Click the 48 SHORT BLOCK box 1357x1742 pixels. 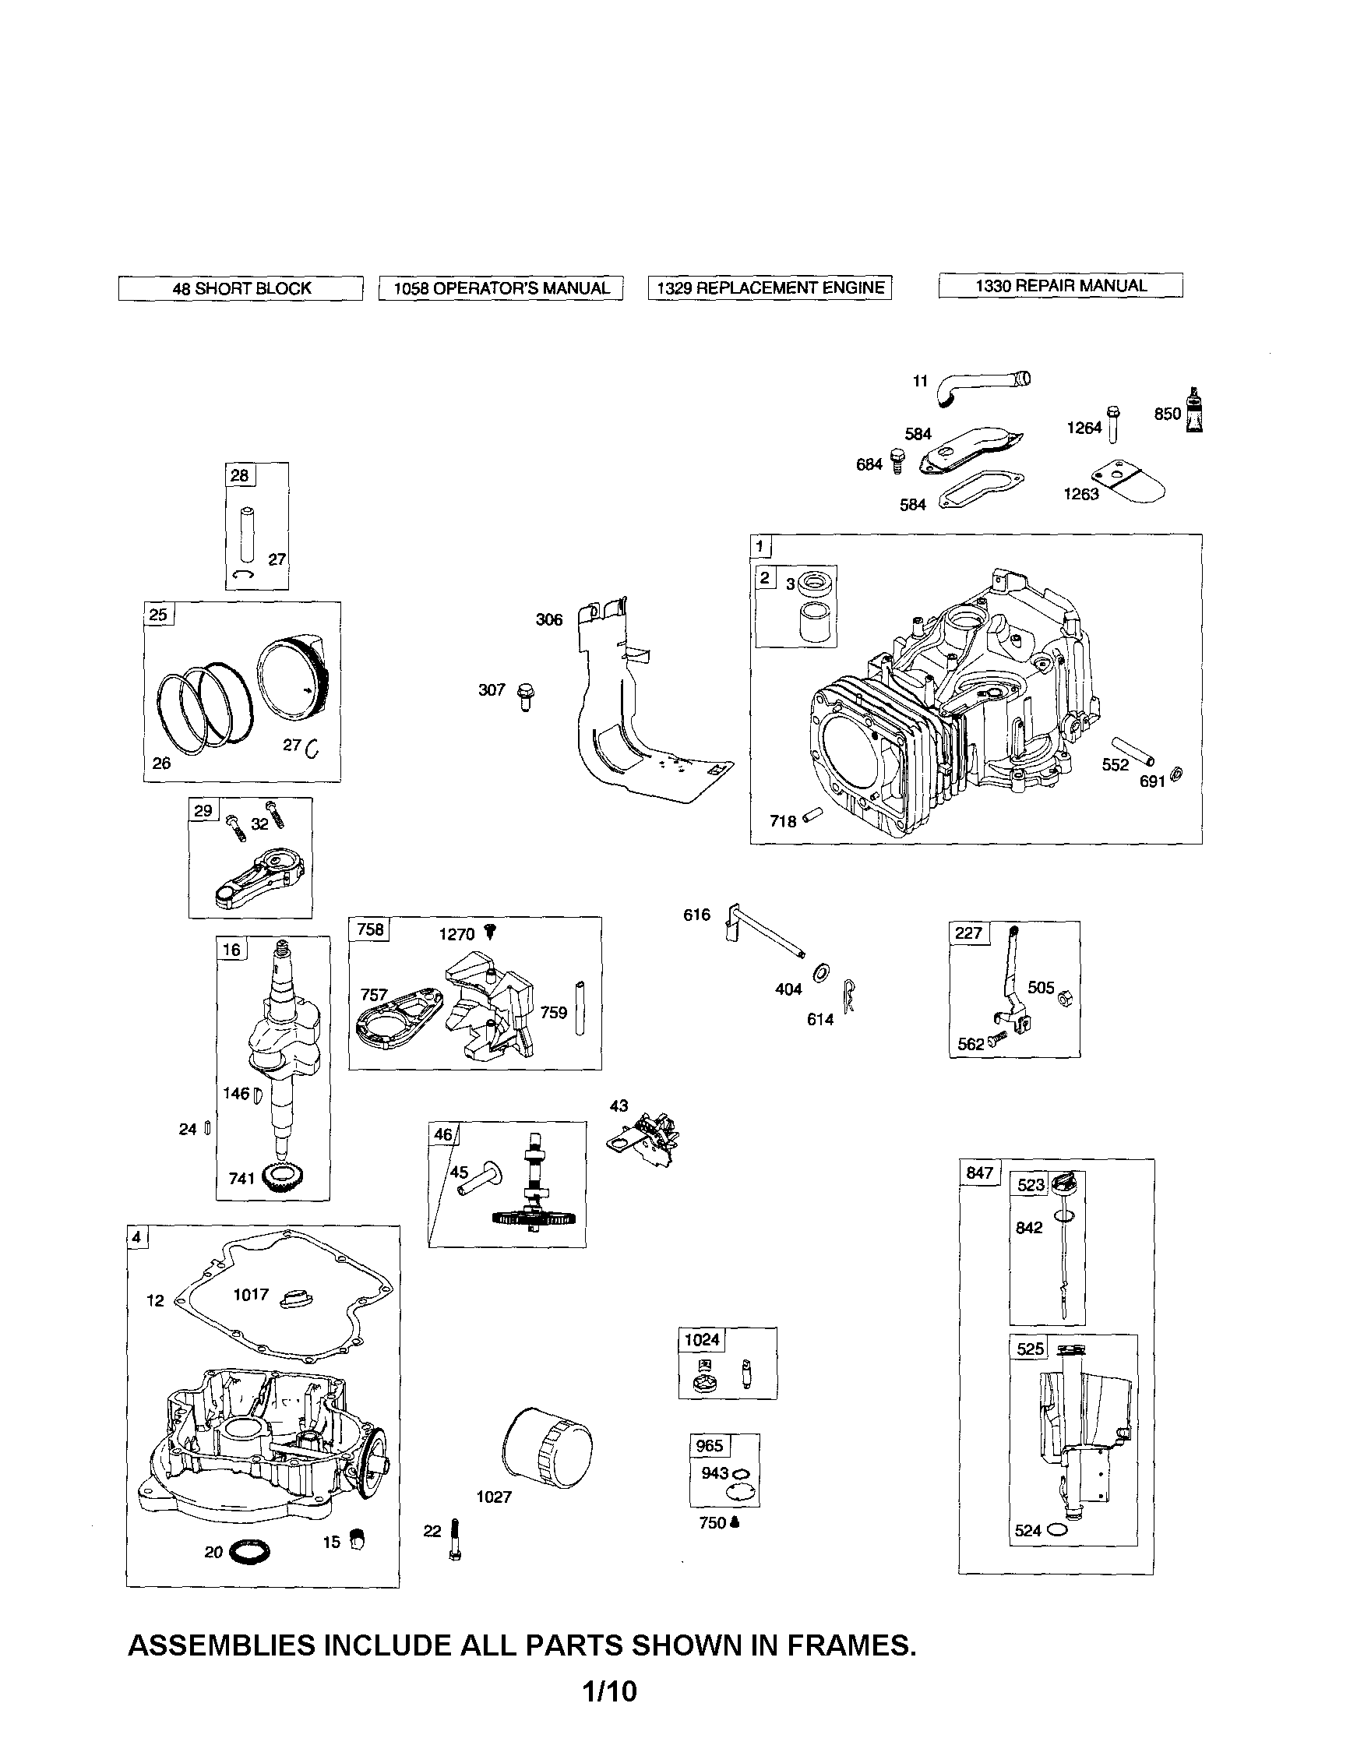[241, 288]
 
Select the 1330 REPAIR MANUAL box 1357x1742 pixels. [1060, 286]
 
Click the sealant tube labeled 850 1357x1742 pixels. [1194, 411]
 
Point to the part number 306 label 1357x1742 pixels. [549, 620]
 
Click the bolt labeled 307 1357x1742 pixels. [525, 696]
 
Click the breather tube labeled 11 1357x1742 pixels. [983, 387]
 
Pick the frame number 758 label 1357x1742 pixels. [370, 929]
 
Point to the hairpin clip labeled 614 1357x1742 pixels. [850, 996]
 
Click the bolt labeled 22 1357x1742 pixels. [455, 1539]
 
